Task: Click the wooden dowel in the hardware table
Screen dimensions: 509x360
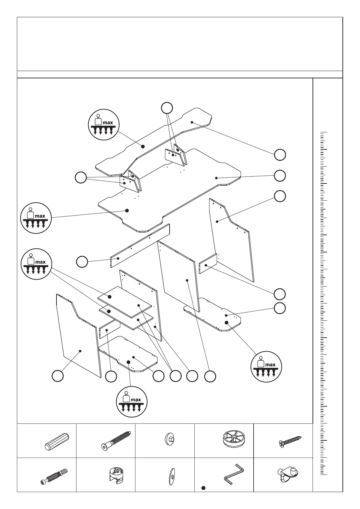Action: click(x=57, y=442)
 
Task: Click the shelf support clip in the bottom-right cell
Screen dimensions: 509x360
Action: click(x=287, y=475)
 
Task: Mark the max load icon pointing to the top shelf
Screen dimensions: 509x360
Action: click(x=103, y=125)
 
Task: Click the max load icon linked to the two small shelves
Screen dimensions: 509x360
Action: click(x=36, y=264)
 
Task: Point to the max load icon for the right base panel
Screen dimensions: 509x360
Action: click(x=266, y=366)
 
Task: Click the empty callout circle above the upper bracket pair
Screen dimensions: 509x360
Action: click(x=167, y=108)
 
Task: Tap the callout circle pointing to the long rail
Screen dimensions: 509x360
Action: click(x=82, y=262)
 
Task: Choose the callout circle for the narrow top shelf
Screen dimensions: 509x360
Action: click(x=280, y=155)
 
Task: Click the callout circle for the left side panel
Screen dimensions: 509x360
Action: click(x=57, y=376)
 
